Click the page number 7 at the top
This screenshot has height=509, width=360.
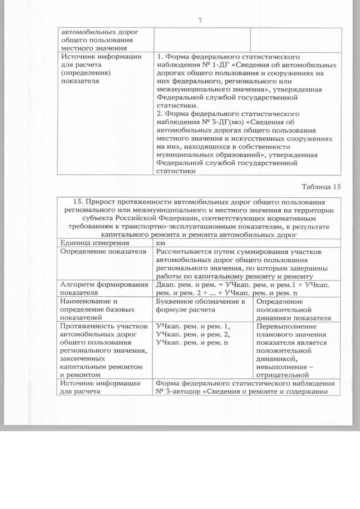(x=200, y=21)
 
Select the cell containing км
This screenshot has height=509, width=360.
(x=161, y=242)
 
